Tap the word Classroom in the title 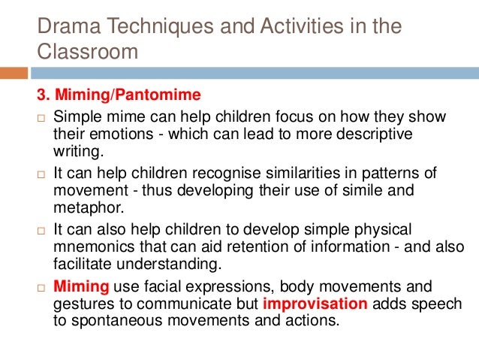click(x=88, y=53)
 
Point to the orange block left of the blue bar click(x=14, y=73)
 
